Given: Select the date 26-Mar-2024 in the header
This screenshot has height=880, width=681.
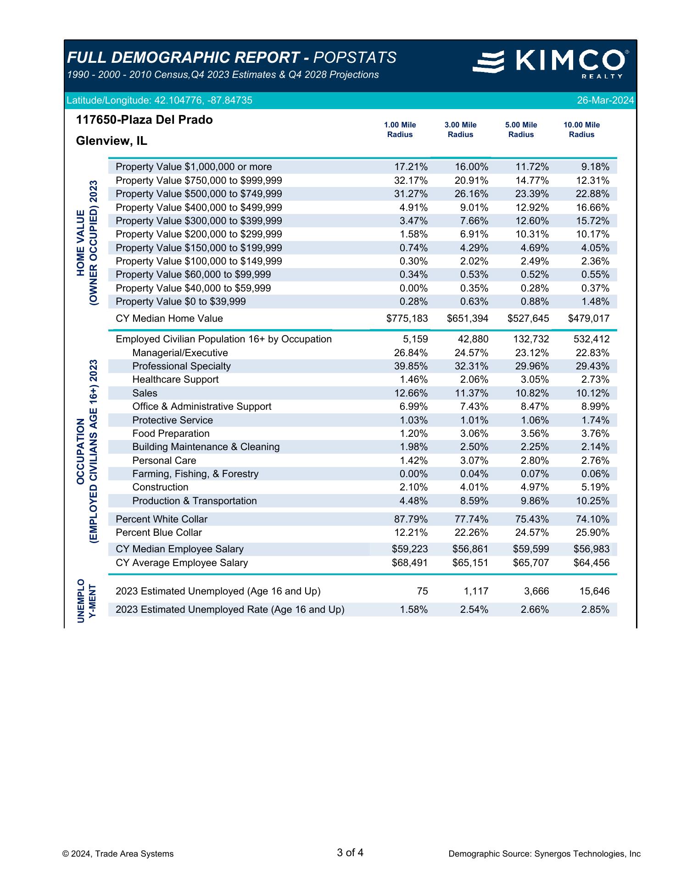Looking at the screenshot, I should pos(605,100).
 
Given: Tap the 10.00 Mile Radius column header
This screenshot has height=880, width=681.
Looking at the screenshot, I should pos(581,130).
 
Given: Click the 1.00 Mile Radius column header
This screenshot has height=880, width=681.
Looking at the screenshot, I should pos(400,130).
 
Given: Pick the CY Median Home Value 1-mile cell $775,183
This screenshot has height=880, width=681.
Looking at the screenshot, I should pos(407,319).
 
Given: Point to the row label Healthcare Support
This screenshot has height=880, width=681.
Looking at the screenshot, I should pos(175,379).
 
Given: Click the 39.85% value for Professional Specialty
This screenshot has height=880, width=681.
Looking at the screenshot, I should pos(411,366).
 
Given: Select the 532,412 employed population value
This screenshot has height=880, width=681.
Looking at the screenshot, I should pos(592,339).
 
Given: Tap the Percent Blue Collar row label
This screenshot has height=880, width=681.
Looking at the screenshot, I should pos(159,533).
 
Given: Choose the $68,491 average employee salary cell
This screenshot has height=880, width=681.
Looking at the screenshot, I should pos(409,563).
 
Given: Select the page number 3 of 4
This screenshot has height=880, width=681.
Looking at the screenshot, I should pos(350,853).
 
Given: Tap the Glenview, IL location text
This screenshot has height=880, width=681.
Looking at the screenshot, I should pos(112,141).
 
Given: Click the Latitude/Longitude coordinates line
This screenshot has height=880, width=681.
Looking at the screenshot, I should pos(159,100).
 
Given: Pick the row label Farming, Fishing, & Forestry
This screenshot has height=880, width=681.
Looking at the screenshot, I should pos(195,474).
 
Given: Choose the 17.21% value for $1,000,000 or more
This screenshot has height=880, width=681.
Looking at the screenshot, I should pos(411,167).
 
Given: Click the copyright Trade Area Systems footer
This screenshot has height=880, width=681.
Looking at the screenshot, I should pos(118,854).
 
